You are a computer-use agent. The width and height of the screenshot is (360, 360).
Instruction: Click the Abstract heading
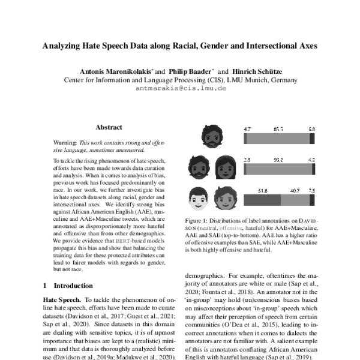(109, 127)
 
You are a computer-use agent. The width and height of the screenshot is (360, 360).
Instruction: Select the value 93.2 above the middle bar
(278, 160)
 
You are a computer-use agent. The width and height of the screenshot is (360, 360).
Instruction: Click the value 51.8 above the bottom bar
(262, 190)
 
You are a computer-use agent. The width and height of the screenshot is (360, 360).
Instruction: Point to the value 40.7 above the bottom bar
(295, 190)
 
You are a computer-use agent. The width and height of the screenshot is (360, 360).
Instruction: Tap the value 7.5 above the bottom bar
(311, 190)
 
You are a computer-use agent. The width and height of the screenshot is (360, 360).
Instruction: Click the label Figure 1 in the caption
(198, 221)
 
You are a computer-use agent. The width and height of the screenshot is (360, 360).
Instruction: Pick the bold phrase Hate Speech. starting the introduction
(62, 299)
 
